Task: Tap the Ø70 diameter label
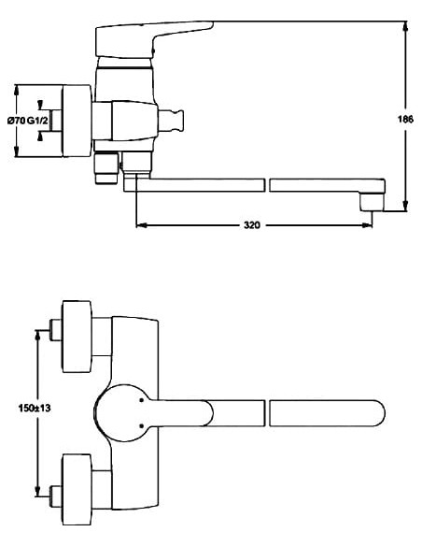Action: tap(16, 121)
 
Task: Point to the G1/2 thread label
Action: tap(38, 121)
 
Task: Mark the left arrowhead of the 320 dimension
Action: tap(141, 225)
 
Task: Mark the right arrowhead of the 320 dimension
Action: tap(370, 225)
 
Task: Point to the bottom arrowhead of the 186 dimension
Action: tap(404, 206)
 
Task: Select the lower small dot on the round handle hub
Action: tap(139, 431)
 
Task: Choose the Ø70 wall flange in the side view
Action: tap(76, 121)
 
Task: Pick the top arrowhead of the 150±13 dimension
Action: tap(37, 333)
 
